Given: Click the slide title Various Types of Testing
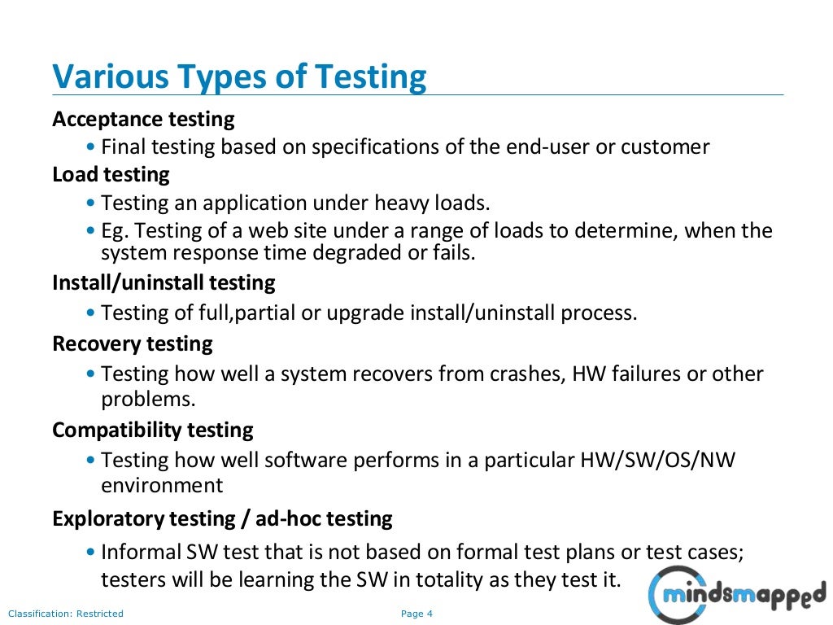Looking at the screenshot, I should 239,77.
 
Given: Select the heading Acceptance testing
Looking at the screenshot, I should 143,120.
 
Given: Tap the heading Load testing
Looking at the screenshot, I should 111,175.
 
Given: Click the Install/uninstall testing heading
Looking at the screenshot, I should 164,283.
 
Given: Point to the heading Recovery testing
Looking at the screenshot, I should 132,344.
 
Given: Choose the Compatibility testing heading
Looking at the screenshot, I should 153,430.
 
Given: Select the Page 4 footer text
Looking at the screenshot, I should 417,614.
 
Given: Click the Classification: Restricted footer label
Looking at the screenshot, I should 66,614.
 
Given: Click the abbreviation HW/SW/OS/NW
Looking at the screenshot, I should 657,461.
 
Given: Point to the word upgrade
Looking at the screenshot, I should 364,313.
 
